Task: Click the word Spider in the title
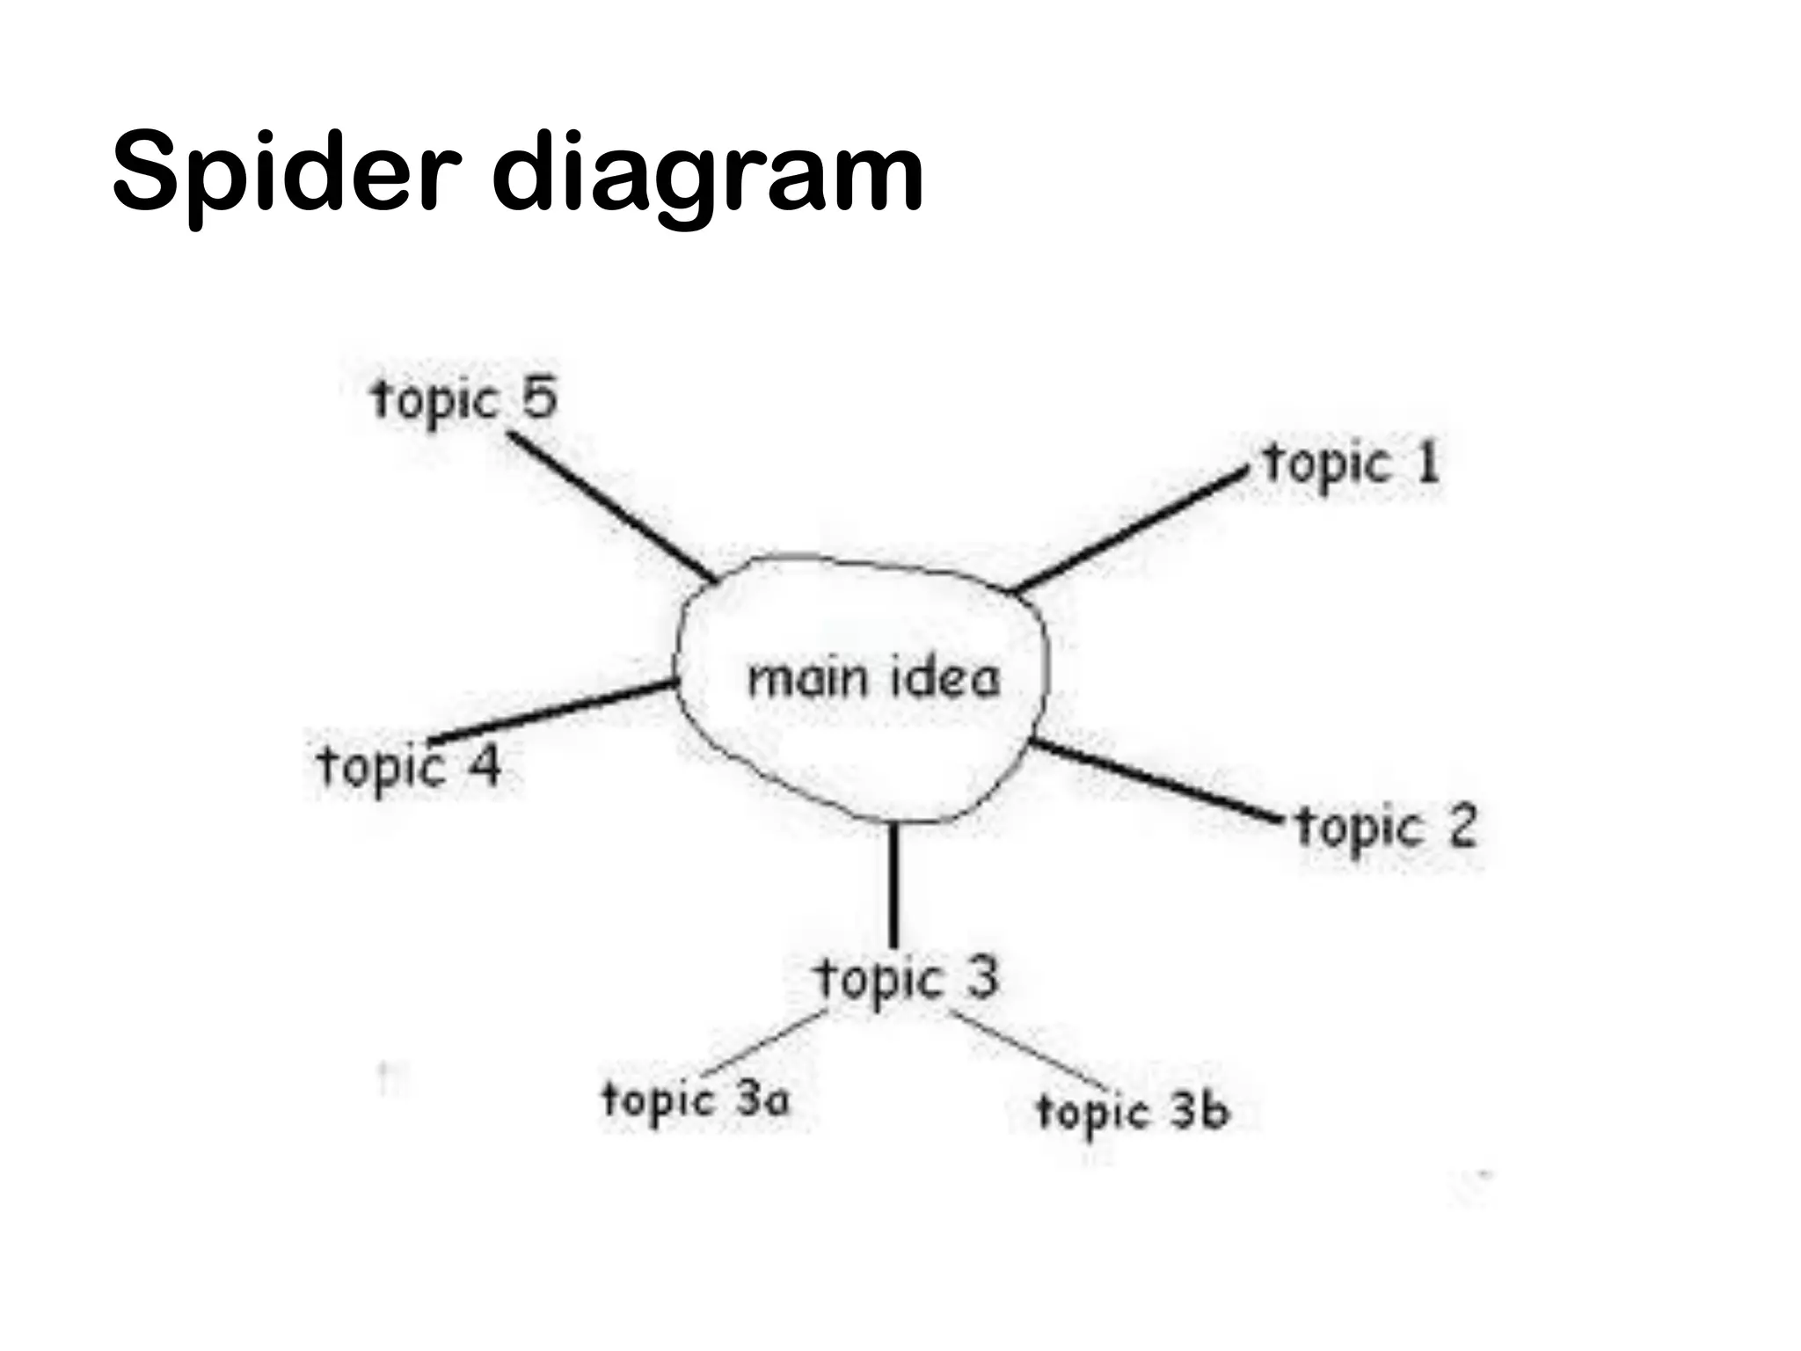287,172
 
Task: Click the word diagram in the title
707,172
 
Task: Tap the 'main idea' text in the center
873,678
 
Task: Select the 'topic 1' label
1352,464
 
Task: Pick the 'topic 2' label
1387,828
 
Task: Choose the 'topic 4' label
409,766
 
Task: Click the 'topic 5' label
464,398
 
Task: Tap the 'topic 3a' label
696,1099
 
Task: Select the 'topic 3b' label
1132,1112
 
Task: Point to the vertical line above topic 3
893,884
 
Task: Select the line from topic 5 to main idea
612,506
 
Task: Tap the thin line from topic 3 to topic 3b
1029,1050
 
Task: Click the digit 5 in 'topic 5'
540,398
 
